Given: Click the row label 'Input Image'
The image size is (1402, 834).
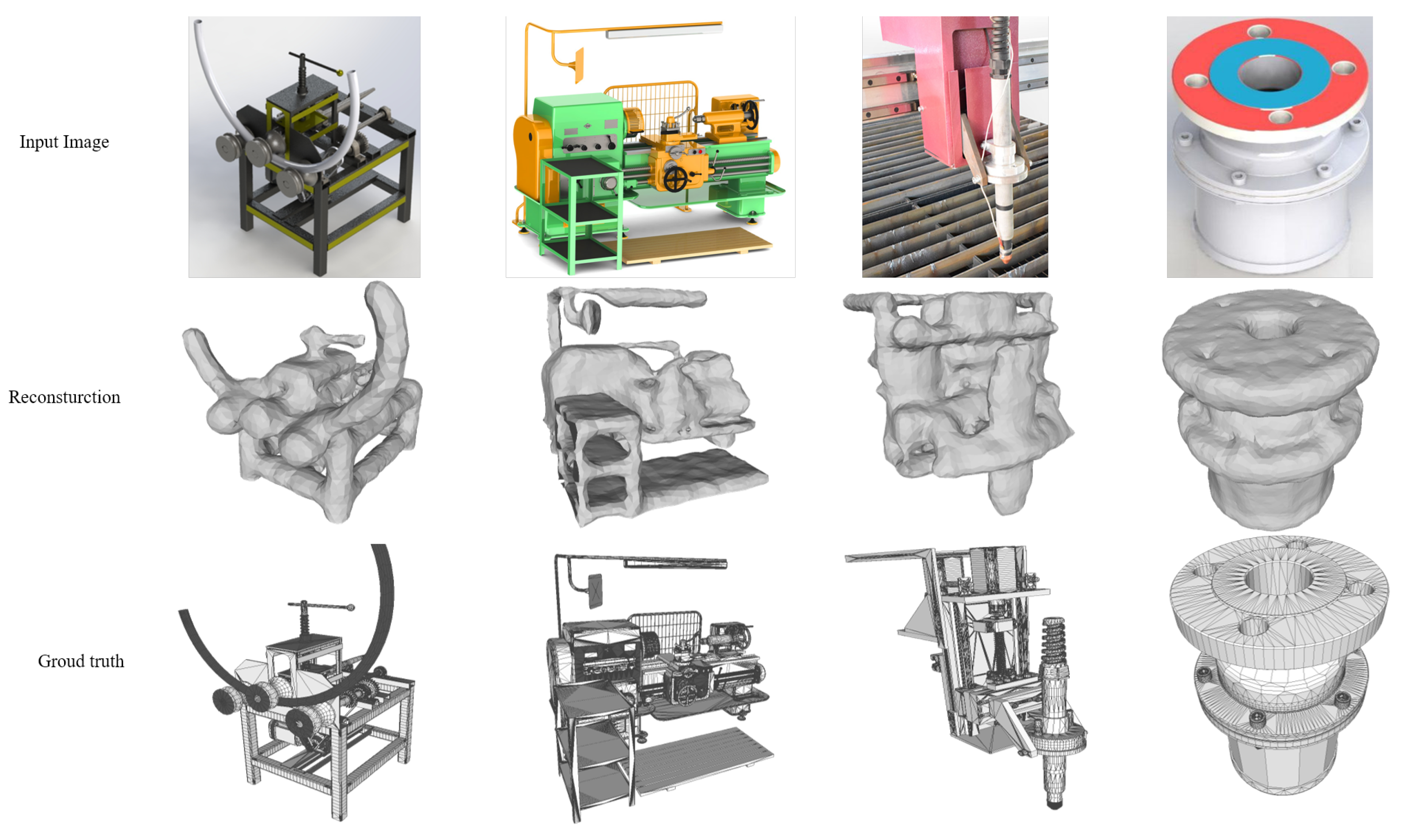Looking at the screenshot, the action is click(x=64, y=142).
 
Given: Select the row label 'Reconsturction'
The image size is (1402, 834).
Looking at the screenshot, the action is click(x=64, y=397).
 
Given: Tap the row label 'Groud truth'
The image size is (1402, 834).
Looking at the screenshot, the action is click(x=81, y=661).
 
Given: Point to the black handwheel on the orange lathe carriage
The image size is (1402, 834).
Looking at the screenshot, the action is click(x=675, y=179).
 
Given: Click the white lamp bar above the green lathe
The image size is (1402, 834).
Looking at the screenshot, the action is click(x=663, y=31).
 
